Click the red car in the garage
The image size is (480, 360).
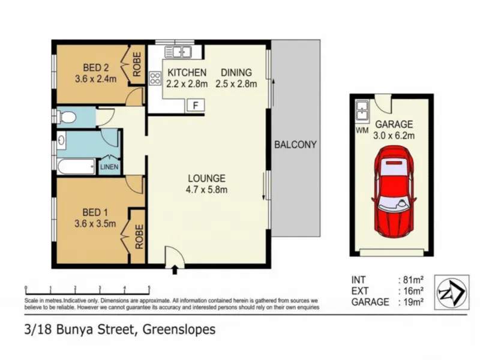coord(394,191)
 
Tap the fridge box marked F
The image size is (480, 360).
coord(196,106)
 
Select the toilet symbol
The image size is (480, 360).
coord(66,116)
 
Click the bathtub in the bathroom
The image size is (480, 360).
coord(76,167)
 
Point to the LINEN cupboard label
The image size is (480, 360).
coord(109,167)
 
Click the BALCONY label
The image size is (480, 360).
coord(295,145)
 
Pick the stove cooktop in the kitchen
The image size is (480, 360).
coord(155,78)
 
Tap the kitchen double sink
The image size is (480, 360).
coord(178,52)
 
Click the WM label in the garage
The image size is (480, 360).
coord(362,130)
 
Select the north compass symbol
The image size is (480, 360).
coord(452,292)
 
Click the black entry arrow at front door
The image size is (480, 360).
coord(175,269)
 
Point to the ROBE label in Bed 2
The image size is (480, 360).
coord(137,64)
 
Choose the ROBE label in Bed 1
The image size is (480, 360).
coord(139,236)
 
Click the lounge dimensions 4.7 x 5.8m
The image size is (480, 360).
coord(206,190)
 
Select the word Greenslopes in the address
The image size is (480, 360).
coord(179,329)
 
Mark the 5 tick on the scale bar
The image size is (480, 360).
coord(149,288)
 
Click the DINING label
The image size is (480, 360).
coord(236,73)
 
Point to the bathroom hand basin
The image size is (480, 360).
coord(62,140)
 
